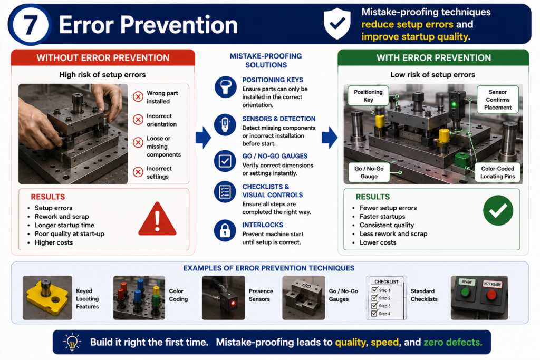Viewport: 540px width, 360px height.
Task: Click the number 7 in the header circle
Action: (x=31, y=25)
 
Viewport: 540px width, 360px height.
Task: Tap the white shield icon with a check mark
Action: (x=337, y=23)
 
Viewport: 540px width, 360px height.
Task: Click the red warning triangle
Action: (x=157, y=219)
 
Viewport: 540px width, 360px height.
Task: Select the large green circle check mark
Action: (x=498, y=210)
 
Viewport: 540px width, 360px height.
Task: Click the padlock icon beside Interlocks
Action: (x=225, y=230)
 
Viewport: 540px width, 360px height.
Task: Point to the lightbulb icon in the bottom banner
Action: (x=72, y=342)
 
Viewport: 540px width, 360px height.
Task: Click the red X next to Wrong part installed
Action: (x=138, y=96)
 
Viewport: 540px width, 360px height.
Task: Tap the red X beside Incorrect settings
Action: (x=138, y=172)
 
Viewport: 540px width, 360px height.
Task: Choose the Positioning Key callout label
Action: (x=368, y=96)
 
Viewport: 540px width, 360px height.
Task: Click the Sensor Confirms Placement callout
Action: (x=498, y=100)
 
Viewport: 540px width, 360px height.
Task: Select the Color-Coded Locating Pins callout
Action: (x=498, y=172)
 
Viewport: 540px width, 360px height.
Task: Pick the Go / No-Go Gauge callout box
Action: (x=369, y=172)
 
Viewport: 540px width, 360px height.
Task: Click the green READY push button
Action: (x=466, y=293)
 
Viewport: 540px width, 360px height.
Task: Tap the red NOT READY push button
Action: (x=491, y=295)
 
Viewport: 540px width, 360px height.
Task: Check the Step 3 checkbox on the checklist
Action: (x=375, y=306)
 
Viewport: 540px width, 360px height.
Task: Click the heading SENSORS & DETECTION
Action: (x=278, y=119)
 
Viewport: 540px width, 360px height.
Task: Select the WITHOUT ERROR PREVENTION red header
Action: (x=103, y=57)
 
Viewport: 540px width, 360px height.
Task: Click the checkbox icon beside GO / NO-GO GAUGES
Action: (x=225, y=161)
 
